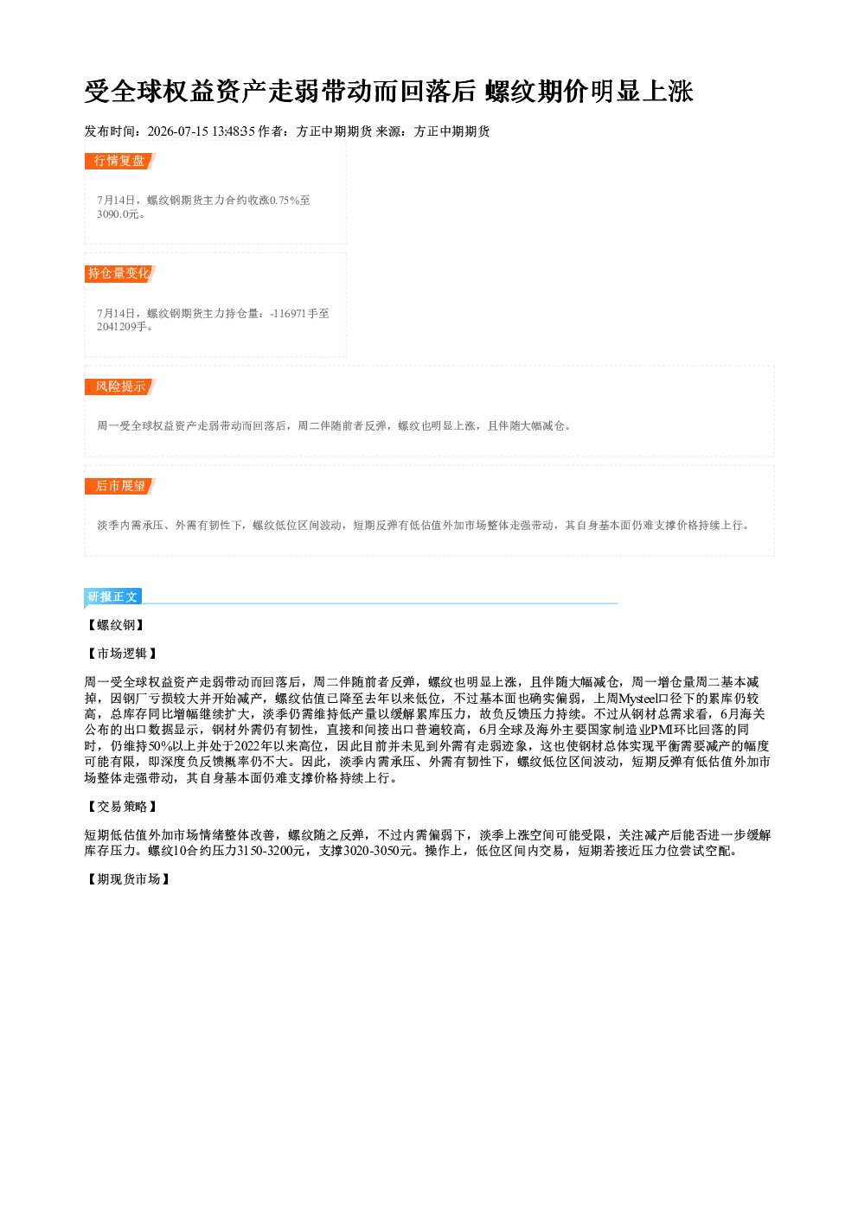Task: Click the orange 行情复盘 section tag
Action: tap(119, 161)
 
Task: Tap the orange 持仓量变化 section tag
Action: tap(119, 273)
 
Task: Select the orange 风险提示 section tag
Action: tap(119, 386)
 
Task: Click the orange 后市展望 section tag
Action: tap(119, 486)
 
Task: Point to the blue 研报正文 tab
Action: tap(112, 597)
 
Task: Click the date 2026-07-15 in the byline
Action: tap(177, 131)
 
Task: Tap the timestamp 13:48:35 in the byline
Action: tap(234, 131)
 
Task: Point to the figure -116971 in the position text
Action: tap(288, 314)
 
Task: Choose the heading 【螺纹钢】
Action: tap(116, 625)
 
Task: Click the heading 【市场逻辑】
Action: tap(122, 654)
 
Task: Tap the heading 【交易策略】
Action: tap(122, 807)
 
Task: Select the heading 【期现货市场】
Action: tap(128, 879)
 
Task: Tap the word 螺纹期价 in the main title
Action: tap(535, 91)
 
